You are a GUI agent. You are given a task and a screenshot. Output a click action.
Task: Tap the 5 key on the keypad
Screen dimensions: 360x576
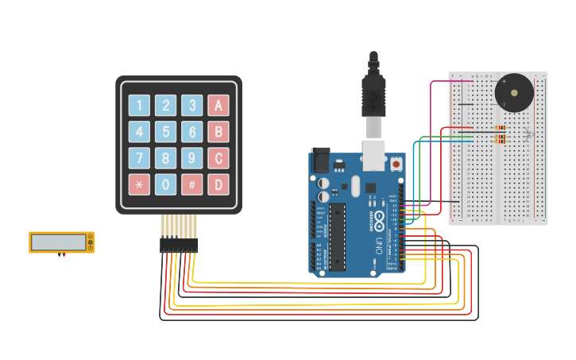coord(165,132)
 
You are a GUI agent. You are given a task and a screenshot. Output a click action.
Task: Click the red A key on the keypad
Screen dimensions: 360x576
coord(218,106)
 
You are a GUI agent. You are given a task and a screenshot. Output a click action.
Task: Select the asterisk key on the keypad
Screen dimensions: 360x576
coord(139,184)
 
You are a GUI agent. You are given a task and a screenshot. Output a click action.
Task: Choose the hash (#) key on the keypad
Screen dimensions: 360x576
coord(191,184)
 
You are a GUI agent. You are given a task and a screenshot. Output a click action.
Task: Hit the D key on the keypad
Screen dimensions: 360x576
coord(218,184)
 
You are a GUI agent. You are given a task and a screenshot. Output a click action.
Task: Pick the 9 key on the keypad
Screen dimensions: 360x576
coord(191,158)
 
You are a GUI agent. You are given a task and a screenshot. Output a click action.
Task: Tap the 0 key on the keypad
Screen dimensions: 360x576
coord(165,184)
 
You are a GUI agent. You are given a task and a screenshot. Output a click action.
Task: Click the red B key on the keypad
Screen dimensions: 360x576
coord(218,132)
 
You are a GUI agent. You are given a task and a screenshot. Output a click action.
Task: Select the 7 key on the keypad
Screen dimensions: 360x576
coord(139,158)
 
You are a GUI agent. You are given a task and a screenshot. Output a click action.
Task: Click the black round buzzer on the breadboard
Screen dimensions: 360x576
coord(514,93)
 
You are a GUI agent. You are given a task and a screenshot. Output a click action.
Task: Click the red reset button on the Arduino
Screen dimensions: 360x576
coord(396,164)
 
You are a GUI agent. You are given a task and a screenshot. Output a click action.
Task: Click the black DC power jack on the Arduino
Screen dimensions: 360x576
coord(320,160)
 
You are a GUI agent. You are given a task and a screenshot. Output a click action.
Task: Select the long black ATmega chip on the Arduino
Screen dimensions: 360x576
coord(337,237)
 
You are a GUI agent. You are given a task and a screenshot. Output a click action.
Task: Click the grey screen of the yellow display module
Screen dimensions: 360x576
coord(58,242)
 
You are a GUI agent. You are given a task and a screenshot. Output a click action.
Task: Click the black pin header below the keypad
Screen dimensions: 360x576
coord(179,246)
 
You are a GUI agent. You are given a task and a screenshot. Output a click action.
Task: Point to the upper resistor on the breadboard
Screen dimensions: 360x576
coord(500,128)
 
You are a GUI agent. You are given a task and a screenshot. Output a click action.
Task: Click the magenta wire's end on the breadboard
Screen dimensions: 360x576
coord(472,81)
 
